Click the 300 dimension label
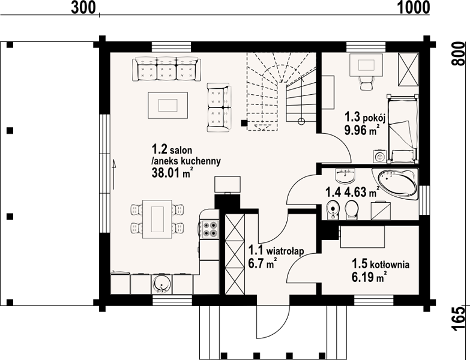click(x=83, y=7)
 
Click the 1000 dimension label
click(x=414, y=7)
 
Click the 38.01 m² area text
click(x=172, y=173)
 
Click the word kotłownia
click(x=390, y=265)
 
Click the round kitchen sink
click(x=162, y=283)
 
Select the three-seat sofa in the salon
click(x=167, y=69)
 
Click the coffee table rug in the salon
click(x=168, y=106)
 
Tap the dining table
click(x=157, y=219)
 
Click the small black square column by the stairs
click(x=244, y=122)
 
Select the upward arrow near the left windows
click(x=114, y=175)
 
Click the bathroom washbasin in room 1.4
click(x=345, y=176)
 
